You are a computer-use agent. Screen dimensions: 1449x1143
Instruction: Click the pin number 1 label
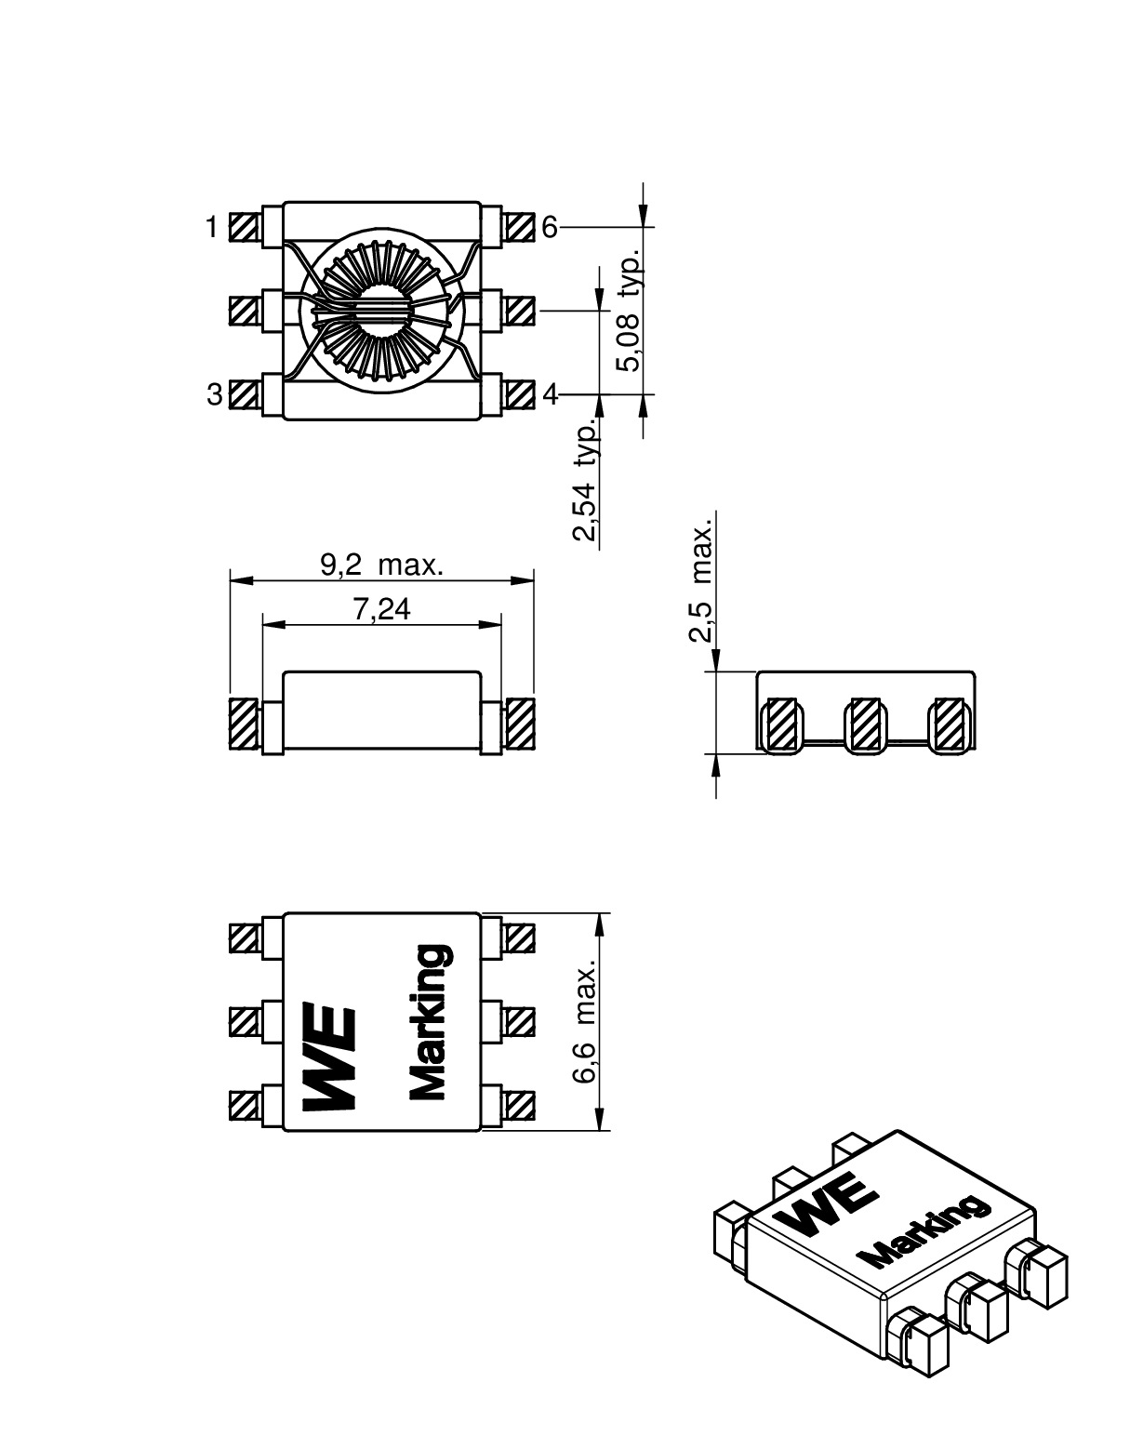point(212,227)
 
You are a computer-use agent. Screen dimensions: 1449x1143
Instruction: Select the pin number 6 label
point(550,227)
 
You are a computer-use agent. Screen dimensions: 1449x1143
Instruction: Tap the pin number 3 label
point(214,395)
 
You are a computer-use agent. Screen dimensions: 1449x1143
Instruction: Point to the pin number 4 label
point(550,395)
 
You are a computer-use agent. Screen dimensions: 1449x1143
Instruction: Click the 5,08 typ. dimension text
point(631,310)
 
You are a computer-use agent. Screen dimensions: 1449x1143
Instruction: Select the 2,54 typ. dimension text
point(585,482)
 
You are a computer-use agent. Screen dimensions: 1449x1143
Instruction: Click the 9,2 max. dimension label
point(381,565)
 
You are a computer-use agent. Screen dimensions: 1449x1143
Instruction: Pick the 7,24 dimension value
point(381,610)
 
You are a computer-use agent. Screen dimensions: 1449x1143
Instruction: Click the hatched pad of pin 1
point(244,227)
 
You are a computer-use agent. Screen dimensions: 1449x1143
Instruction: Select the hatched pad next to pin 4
point(521,395)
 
